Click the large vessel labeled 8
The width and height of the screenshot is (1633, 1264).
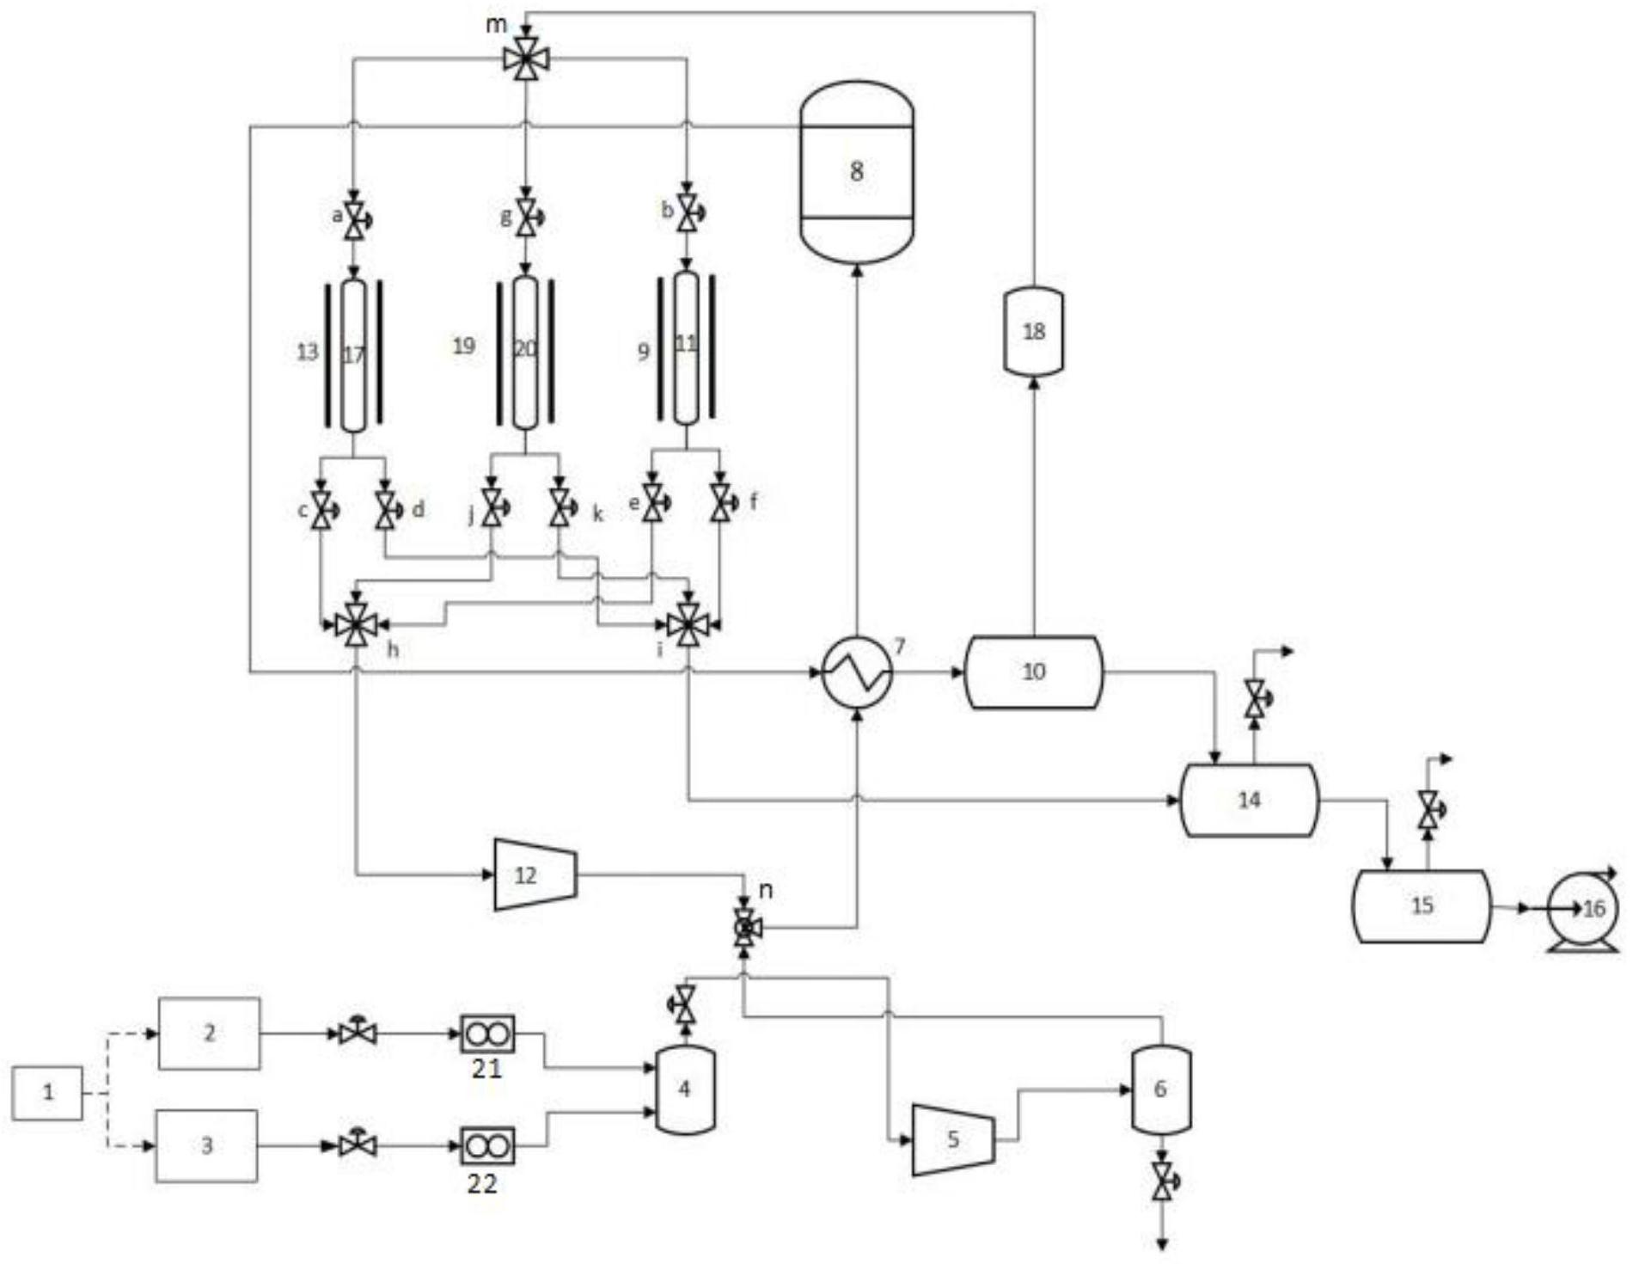[856, 172]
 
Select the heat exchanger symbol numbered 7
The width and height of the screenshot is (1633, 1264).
[857, 672]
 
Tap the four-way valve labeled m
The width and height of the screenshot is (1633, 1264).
[525, 59]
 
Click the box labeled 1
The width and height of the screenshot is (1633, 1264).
[48, 1093]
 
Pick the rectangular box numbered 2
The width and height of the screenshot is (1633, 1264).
[209, 1033]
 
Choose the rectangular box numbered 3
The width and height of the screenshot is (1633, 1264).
[206, 1145]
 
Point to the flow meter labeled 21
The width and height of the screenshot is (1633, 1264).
[487, 1034]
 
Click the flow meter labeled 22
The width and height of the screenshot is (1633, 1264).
[487, 1145]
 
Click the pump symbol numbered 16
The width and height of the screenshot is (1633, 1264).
[1582, 908]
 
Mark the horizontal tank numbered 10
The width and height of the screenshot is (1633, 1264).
[1034, 672]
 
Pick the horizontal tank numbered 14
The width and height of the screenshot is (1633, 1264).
[1249, 800]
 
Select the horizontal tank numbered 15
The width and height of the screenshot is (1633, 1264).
[1422, 906]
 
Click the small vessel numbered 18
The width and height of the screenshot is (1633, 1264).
[1034, 332]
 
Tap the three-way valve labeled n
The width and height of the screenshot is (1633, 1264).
[744, 928]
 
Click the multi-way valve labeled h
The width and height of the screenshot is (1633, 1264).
[354, 624]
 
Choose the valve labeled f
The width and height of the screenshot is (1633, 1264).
[720, 502]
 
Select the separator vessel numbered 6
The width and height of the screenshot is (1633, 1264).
[1160, 1089]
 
